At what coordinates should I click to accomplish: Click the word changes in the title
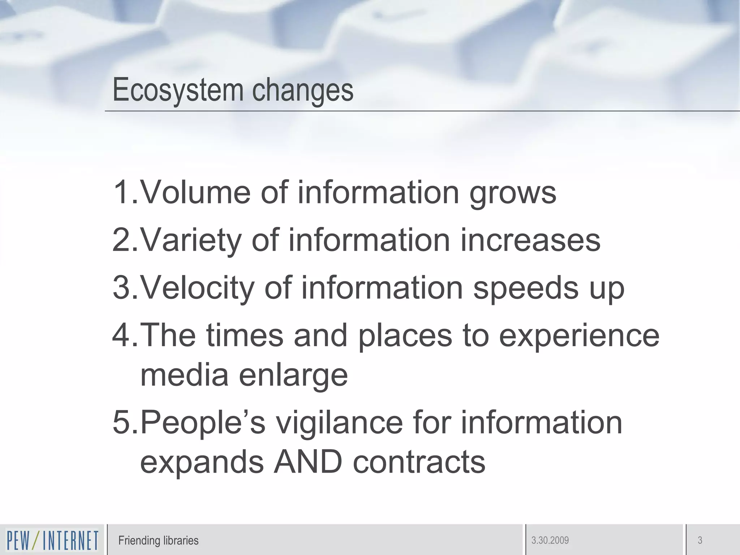coord(302,90)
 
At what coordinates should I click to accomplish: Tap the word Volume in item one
coord(195,192)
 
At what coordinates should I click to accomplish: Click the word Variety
coord(190,240)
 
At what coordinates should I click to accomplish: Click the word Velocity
coord(197,288)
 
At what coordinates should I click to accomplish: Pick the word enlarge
coord(293,376)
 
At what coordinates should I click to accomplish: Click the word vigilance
coord(339,423)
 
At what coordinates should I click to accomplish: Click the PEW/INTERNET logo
coord(52,541)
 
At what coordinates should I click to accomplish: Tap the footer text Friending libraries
coord(158,541)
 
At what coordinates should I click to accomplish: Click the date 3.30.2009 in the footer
coord(550,541)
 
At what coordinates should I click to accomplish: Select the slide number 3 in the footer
coord(700,541)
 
